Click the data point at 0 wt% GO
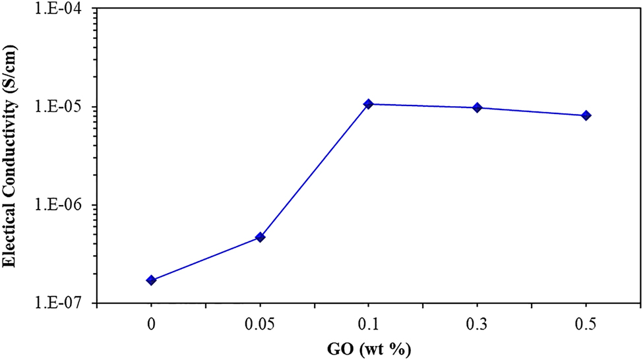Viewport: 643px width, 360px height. click(152, 280)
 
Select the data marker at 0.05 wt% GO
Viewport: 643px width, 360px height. click(260, 237)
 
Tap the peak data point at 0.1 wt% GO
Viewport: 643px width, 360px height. click(369, 104)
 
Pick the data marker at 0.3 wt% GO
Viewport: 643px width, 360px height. click(477, 107)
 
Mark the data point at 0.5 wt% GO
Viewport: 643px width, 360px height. click(586, 115)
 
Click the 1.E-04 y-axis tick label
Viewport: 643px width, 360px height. click(64, 9)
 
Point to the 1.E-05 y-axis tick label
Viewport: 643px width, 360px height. click(64, 107)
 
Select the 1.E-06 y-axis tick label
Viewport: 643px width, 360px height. click(64, 205)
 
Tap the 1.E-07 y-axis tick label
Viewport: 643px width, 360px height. click(64, 303)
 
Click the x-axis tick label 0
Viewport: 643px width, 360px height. click(152, 324)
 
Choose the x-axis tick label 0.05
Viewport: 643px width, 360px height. click(260, 324)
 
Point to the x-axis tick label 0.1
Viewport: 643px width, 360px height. click(369, 324)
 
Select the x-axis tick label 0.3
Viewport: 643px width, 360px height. click(477, 324)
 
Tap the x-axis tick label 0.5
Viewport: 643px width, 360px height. click(586, 324)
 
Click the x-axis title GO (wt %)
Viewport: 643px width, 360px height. click(369, 349)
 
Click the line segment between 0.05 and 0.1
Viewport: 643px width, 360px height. click(315, 171)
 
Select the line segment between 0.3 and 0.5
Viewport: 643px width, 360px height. click(532, 111)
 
